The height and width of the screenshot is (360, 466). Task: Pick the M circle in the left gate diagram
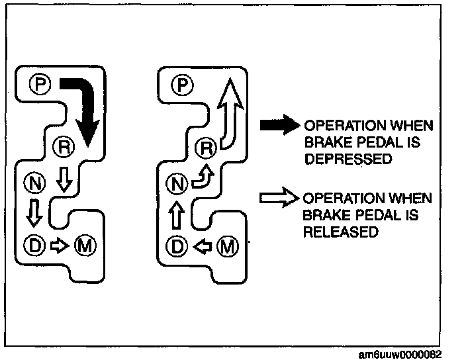click(x=85, y=245)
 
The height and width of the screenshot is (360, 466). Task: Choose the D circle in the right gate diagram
click(x=176, y=247)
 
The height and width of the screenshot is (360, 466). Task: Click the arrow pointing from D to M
click(x=60, y=245)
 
